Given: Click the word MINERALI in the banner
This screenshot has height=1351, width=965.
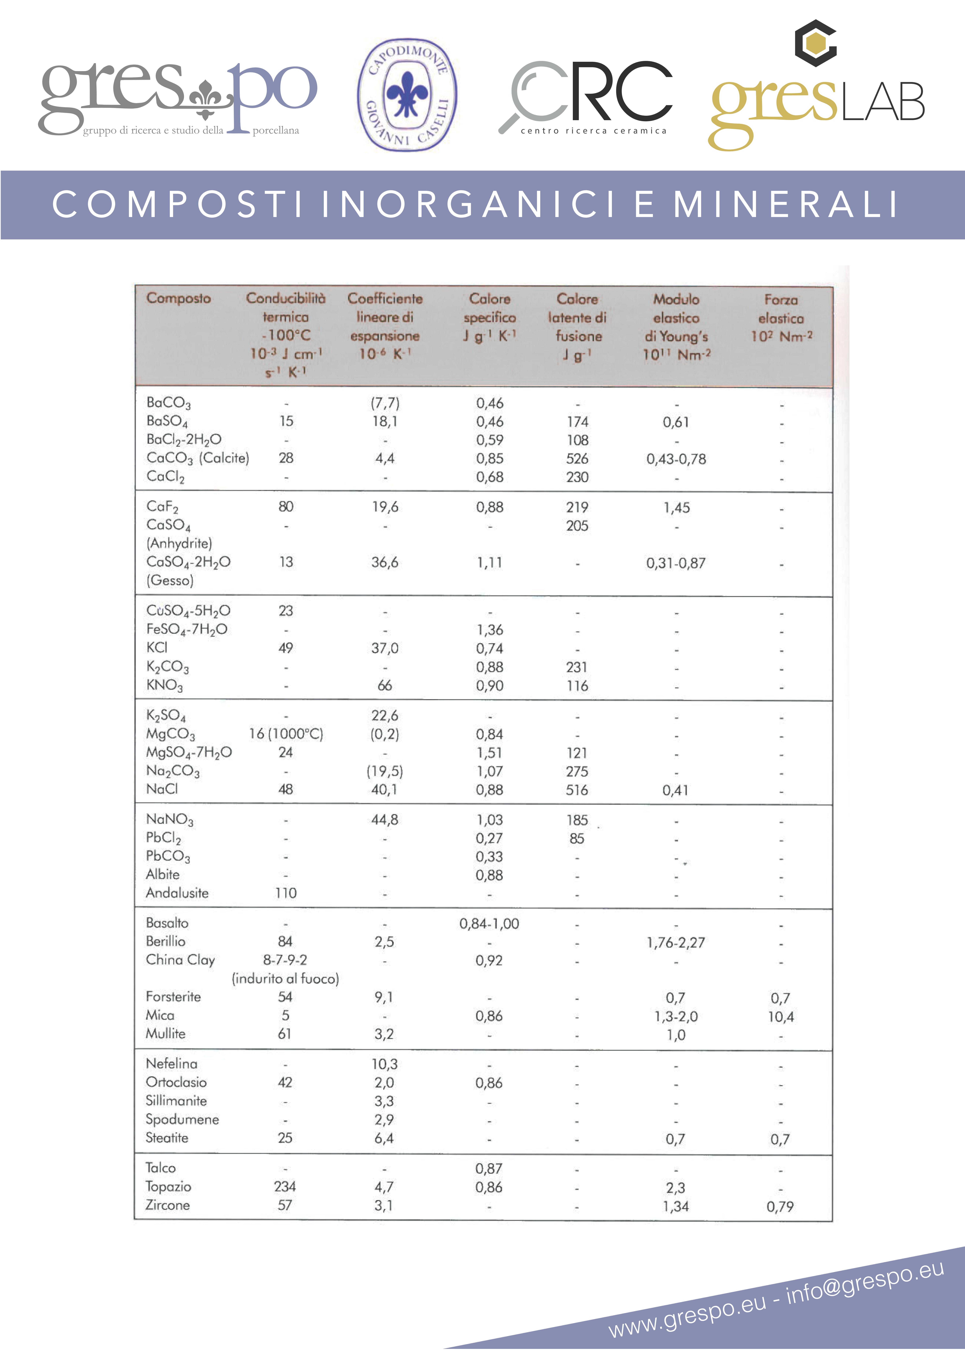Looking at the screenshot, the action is coord(786,204).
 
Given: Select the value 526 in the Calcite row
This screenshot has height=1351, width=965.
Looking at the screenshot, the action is coord(577,459).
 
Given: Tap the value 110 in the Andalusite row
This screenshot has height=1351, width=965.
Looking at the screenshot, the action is coord(286,893).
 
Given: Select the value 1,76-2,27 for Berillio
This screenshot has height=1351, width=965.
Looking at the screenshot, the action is coord(676,942).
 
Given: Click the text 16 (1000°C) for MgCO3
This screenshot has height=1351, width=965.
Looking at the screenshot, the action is coord(286,734).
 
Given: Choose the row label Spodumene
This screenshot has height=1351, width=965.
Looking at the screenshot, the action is coord(182,1119).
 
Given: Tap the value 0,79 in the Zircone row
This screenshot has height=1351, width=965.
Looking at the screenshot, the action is coord(780,1207).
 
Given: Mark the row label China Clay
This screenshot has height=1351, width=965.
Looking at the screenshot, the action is coord(181,960).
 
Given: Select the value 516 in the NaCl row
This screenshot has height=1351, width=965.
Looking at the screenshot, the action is coord(577,790).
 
